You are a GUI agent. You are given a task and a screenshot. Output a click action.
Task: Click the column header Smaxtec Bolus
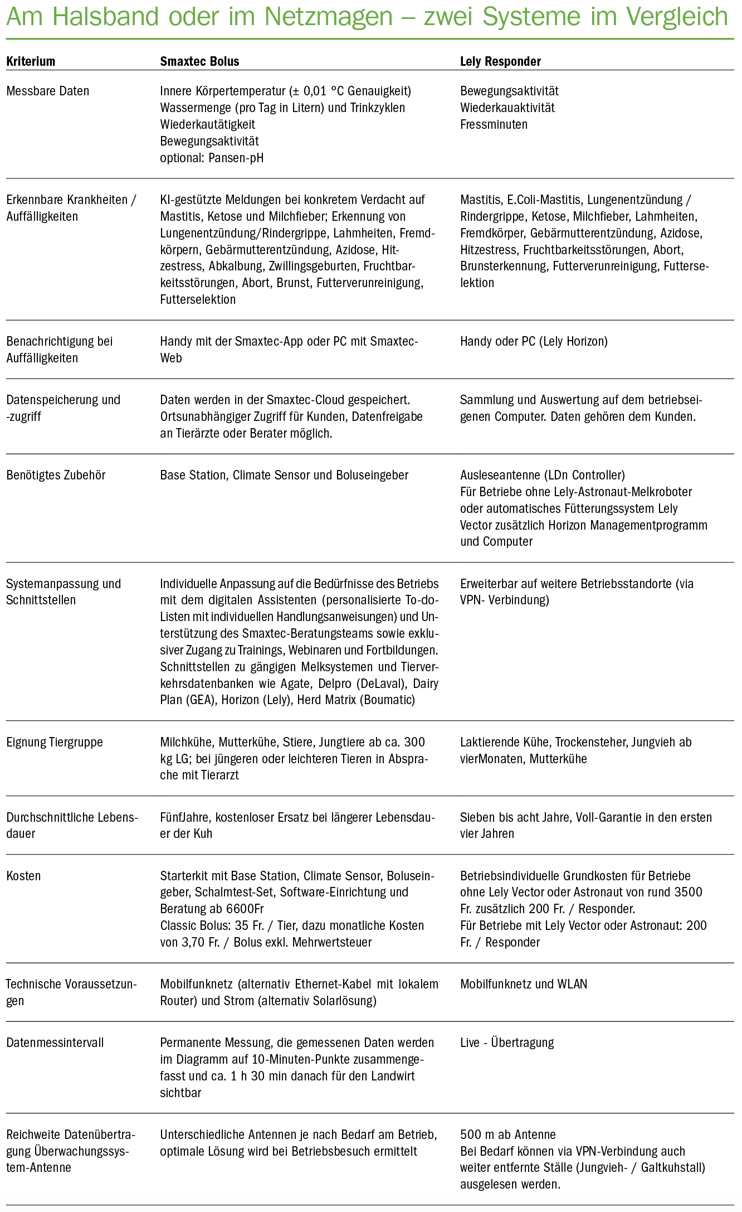click(x=199, y=61)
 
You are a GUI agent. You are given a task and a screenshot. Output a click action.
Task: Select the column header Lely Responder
click(x=500, y=61)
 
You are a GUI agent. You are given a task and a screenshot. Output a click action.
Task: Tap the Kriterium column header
click(x=31, y=61)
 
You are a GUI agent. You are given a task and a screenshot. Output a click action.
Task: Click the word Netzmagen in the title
click(x=329, y=17)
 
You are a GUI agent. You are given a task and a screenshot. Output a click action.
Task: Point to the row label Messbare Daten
click(x=48, y=91)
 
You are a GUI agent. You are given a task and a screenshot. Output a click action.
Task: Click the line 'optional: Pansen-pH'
click(x=212, y=158)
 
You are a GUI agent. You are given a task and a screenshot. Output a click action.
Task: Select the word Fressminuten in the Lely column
click(x=494, y=124)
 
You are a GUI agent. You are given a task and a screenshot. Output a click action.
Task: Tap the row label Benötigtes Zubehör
click(x=56, y=475)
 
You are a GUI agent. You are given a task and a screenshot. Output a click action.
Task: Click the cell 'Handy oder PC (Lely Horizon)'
click(x=534, y=341)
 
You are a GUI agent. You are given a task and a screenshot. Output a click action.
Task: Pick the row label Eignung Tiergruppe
click(x=55, y=742)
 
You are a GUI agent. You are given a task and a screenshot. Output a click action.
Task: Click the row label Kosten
click(x=23, y=876)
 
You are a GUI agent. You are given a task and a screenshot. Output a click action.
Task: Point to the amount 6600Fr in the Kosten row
click(x=245, y=909)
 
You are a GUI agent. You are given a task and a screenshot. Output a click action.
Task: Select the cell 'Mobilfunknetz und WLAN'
click(x=524, y=984)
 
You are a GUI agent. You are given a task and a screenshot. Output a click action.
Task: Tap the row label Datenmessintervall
click(x=55, y=1043)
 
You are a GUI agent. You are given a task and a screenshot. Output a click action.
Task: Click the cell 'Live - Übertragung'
click(x=507, y=1043)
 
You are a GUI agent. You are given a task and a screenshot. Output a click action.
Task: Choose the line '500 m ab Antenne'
click(x=507, y=1135)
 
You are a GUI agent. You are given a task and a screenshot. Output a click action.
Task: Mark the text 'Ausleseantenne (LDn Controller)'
click(x=543, y=475)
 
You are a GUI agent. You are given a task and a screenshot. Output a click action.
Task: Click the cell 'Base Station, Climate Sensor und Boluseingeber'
click(x=284, y=475)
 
